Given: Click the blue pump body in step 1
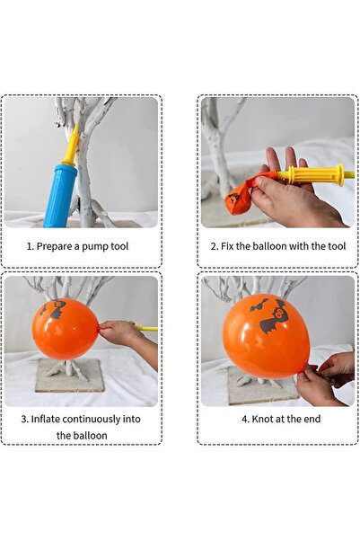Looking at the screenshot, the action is point(59,196).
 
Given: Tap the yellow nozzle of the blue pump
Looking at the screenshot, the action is point(71,146).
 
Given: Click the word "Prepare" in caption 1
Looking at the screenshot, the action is point(53,246).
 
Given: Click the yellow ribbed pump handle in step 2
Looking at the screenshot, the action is point(316,175).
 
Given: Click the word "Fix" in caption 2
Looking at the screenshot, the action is point(227,246).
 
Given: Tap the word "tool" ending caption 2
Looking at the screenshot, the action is point(337,246).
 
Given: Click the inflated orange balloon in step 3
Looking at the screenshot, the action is point(66,329).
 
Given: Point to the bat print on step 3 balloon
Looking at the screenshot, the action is point(55,309).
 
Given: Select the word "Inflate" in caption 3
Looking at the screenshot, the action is point(46,419).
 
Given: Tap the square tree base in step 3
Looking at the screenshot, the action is point(70,376).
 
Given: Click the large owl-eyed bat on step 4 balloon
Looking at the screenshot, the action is point(274,317).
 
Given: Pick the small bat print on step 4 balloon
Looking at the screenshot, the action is point(259,305).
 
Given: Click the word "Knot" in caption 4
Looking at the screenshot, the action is point(262,419).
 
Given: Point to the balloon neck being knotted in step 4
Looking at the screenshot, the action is point(303,368).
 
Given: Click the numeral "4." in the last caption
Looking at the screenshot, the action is point(245,419).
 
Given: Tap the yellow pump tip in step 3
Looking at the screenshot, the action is point(146,328).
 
